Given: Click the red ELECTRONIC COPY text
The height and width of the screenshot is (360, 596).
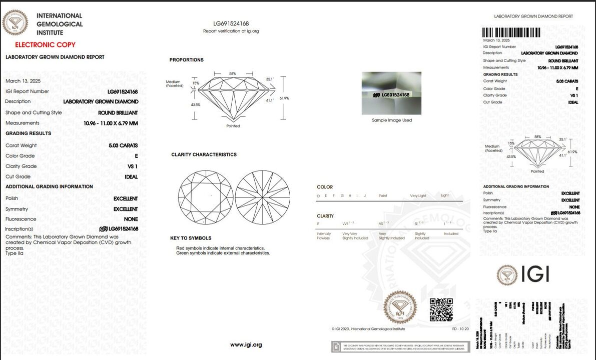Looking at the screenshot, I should pyautogui.click(x=45, y=45).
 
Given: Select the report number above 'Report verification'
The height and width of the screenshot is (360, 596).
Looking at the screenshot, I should pyautogui.click(x=231, y=23).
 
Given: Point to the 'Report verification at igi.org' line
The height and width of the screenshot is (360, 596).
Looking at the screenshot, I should pyautogui.click(x=231, y=31).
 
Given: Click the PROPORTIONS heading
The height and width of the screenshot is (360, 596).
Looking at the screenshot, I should pyautogui.click(x=186, y=60).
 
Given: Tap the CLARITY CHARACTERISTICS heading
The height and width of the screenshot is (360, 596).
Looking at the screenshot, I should pyautogui.click(x=204, y=154).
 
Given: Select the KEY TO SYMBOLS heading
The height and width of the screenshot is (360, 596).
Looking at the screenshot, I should pyautogui.click(x=190, y=238).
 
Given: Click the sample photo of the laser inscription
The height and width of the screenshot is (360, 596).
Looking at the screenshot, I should pyautogui.click(x=391, y=93).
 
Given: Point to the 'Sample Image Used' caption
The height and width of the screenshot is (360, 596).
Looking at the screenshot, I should pyautogui.click(x=392, y=120).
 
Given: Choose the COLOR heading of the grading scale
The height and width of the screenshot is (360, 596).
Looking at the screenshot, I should pyautogui.click(x=325, y=187).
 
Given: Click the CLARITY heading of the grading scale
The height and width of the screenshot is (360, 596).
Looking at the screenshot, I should pyautogui.click(x=325, y=216).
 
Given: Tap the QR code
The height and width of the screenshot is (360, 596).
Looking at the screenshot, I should pyautogui.click(x=441, y=309).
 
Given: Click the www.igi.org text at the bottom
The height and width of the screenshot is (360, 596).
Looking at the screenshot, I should pyautogui.click(x=246, y=345).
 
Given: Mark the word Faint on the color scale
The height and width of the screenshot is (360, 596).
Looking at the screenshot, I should pyautogui.click(x=383, y=195).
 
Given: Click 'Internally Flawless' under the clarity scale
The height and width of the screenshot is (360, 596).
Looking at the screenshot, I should pyautogui.click(x=324, y=236).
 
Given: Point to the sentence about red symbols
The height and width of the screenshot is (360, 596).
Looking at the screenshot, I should pyautogui.click(x=220, y=248).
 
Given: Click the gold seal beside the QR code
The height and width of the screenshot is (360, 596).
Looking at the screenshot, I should pyautogui.click(x=400, y=306).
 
